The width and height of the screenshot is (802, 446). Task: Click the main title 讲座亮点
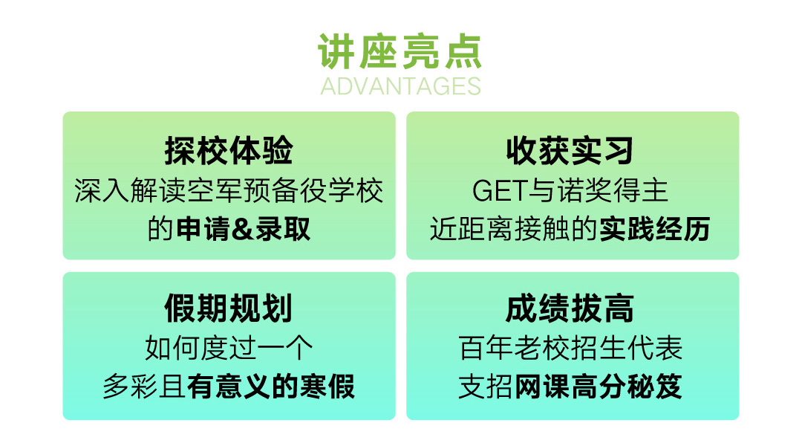(x=400, y=51)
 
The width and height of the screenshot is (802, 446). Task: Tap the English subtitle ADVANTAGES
(x=400, y=86)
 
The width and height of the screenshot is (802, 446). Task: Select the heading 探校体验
(x=229, y=150)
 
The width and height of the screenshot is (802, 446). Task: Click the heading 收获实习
(x=570, y=150)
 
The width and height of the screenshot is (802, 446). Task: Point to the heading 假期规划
(x=229, y=308)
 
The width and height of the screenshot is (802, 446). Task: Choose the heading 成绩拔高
(x=570, y=308)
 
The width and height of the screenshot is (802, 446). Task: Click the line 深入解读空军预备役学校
(x=229, y=190)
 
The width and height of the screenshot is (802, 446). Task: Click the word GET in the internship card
(x=500, y=190)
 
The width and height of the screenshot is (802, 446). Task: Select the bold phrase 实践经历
(x=655, y=229)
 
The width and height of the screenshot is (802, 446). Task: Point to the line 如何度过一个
(x=229, y=348)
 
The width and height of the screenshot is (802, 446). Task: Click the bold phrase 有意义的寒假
(x=271, y=387)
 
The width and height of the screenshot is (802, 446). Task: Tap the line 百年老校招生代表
(x=570, y=348)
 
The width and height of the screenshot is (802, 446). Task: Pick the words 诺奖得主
(x=612, y=190)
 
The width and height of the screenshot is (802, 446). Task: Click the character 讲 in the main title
(x=336, y=51)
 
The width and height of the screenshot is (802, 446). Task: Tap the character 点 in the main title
(x=464, y=51)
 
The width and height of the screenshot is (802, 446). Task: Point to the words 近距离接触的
(x=514, y=229)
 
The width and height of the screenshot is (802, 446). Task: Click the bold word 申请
(x=203, y=229)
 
